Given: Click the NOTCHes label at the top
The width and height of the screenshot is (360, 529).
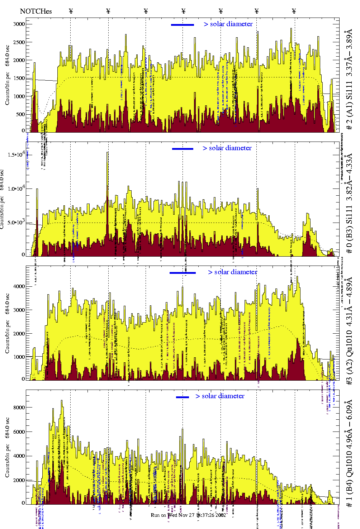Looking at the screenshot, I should tap(36, 11).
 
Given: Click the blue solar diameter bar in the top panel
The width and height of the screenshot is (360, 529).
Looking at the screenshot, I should tap(183, 25).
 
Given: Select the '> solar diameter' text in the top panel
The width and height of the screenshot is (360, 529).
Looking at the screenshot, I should tap(228, 24).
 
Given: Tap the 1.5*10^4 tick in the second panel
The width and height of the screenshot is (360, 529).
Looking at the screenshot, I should tap(16, 154).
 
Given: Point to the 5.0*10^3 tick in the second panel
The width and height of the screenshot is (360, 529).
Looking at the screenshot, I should tap(16, 222).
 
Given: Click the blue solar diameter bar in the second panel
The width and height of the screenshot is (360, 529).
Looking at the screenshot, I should tap(183, 149).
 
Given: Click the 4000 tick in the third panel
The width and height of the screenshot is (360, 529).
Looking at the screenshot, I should tap(19, 286).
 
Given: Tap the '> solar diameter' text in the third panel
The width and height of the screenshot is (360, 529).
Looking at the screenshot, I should tap(232, 272).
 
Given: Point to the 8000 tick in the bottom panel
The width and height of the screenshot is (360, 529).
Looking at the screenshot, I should tap(19, 408).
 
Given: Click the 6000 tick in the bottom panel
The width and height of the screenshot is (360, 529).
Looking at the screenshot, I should tap(19, 432).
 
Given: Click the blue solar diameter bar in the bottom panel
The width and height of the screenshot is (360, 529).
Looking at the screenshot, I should tap(183, 397).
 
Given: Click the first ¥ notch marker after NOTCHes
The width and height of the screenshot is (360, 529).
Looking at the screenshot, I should tap(71, 11).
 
